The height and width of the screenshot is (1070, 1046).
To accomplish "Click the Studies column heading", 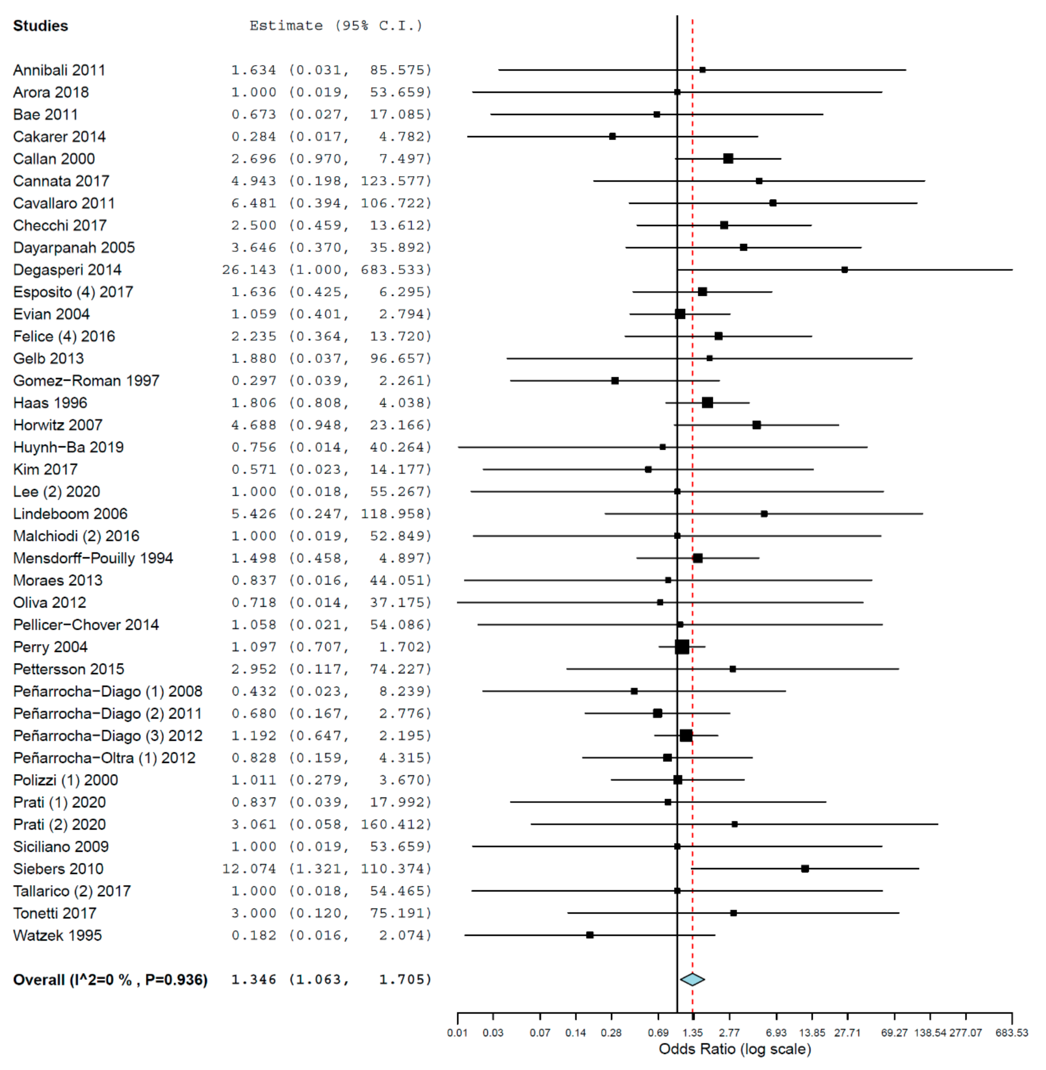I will coord(41,26).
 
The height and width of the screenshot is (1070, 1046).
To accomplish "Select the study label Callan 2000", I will coord(54,159).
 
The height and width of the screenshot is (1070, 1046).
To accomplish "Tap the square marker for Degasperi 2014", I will coord(844,270).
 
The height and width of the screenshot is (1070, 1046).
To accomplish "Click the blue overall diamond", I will coord(692,979).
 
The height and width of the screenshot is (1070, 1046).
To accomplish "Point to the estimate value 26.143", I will coord(249,270).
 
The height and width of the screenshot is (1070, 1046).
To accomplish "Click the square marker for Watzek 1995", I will coord(590,935).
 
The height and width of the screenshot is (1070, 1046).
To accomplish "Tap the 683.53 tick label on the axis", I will coord(1011,1033).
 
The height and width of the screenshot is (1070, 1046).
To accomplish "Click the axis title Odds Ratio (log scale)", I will coord(735,1049).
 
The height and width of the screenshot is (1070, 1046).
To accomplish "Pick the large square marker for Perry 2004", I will coord(682,647).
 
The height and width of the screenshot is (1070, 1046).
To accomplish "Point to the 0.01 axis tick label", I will coord(457,1033).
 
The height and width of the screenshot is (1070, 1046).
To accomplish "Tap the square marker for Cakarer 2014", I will coord(613,136).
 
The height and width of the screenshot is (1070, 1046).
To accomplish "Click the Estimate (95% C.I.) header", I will coord(336,26).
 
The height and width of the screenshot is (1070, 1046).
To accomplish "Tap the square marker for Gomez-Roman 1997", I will coord(615,380).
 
